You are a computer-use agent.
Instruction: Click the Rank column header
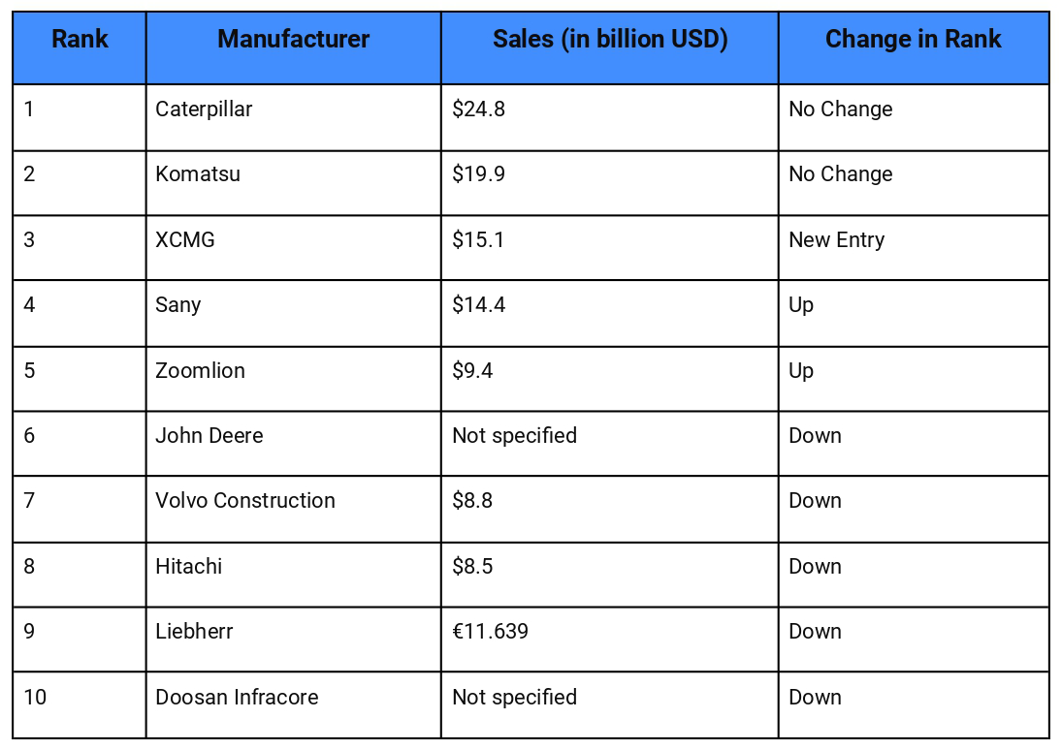coord(80,40)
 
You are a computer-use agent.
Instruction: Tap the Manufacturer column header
coord(293,40)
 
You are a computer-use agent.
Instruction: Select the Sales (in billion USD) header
coord(610,40)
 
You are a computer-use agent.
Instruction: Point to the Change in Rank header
coord(913,40)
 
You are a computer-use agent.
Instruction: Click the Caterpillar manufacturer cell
coord(204,109)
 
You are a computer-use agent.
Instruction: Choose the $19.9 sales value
coord(478,174)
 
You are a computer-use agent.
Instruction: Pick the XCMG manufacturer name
coord(185,239)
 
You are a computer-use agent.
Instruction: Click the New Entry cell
coord(836,239)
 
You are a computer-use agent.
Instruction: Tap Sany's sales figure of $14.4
coord(478,305)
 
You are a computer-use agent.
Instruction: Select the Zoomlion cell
coord(200,371)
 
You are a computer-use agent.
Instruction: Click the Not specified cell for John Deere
coord(514,436)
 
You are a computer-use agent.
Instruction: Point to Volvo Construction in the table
coord(245,501)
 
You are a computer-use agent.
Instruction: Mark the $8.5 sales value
coord(472,566)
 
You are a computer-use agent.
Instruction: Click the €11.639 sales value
coord(490,632)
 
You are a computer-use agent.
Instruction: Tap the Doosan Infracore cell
coord(237,698)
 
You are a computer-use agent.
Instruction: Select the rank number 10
coord(35,698)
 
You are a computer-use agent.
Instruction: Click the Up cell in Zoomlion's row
coord(801,371)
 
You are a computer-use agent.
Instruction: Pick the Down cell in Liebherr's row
coord(815,632)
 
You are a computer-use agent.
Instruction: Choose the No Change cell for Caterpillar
coord(840,109)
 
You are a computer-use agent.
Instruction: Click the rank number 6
coord(29,436)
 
